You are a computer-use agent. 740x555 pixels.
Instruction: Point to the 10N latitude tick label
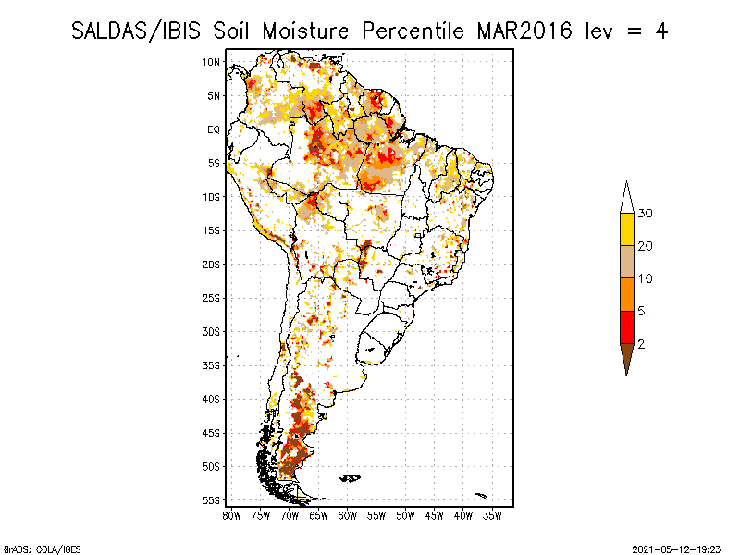pos(212,62)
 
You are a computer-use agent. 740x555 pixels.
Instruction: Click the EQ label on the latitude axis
pos(213,129)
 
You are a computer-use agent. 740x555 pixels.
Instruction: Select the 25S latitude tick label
pos(212,298)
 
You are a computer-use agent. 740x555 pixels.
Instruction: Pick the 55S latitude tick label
pos(212,500)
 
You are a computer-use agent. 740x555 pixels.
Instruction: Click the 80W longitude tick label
pos(231,514)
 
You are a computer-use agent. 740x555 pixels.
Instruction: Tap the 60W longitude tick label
pos(348,514)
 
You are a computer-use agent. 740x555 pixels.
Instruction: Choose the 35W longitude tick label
pos(493,514)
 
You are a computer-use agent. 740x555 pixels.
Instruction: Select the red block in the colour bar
pos(626,327)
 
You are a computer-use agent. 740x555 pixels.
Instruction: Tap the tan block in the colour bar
pos(626,262)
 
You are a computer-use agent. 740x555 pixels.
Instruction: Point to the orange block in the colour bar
pos(626,294)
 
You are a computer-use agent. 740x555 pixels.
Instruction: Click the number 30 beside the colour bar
pos(647,214)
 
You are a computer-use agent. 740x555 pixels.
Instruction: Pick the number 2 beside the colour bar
pos(642,343)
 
